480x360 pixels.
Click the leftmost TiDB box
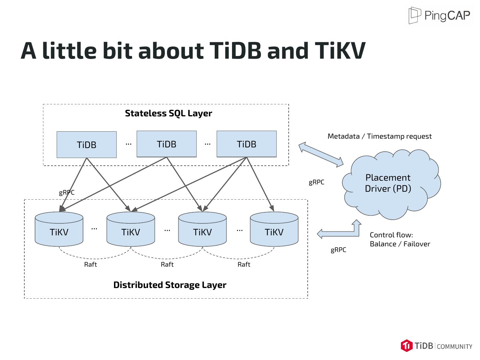point(87,145)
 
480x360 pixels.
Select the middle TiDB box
point(167,144)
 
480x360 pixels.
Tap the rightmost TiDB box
point(247,144)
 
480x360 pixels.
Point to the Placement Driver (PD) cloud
point(388,183)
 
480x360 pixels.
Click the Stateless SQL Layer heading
point(168,113)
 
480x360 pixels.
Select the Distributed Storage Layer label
point(170,285)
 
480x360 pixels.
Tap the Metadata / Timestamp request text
point(379,136)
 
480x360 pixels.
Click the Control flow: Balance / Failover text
point(400,239)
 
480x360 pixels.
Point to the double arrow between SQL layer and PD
point(321,154)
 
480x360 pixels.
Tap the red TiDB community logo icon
point(407,346)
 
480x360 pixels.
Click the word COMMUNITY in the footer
point(454,347)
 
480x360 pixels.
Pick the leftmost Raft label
point(90,265)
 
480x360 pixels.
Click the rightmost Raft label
point(244,265)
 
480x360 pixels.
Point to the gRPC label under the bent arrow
point(338,250)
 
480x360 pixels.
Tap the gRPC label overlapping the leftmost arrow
point(67,192)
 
